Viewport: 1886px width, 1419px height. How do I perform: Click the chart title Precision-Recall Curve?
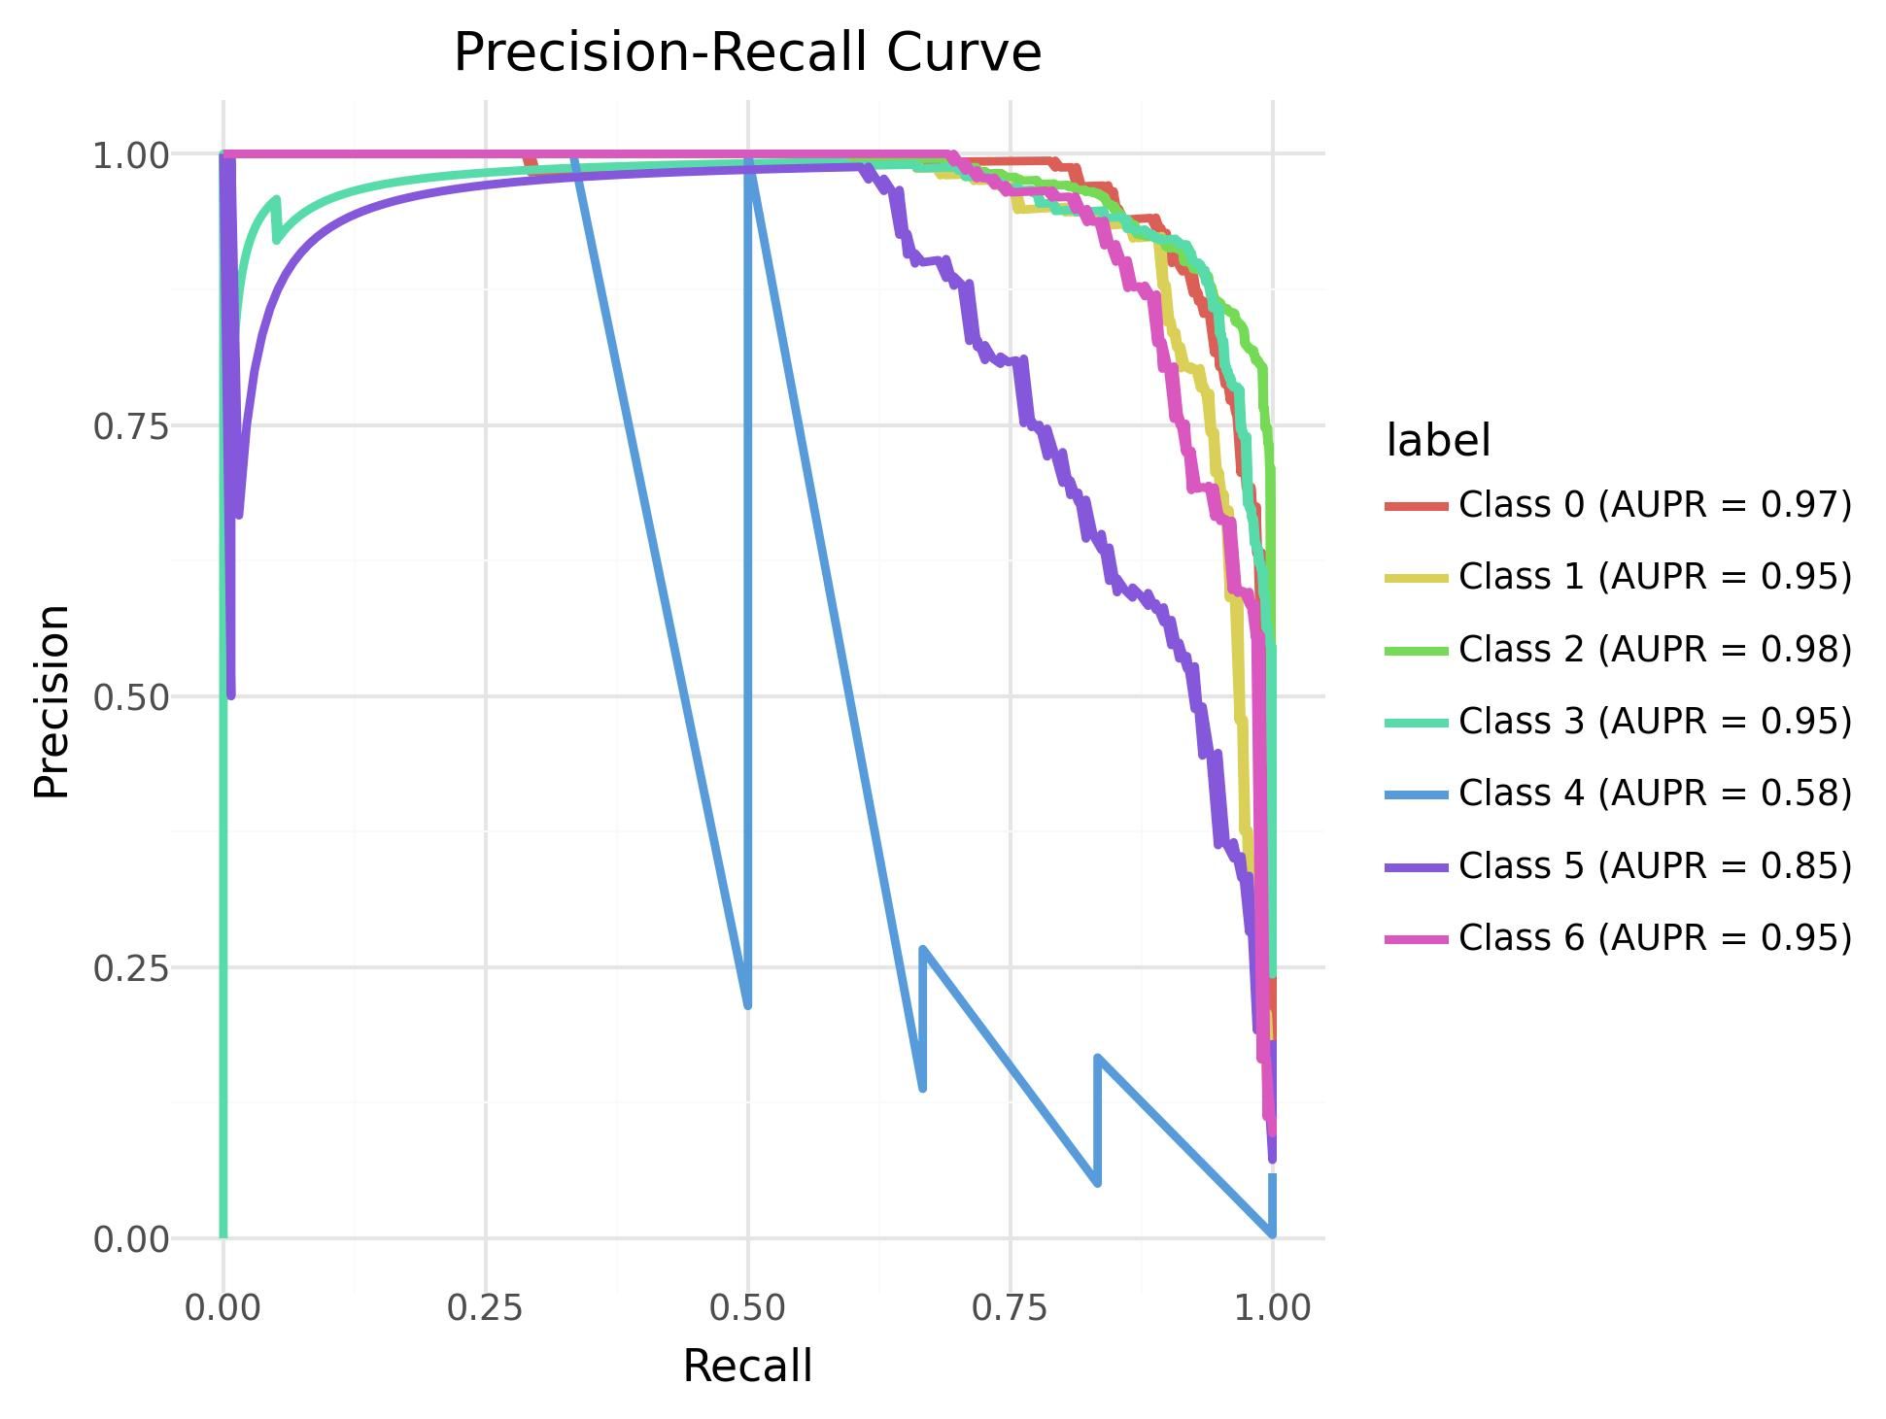click(x=747, y=52)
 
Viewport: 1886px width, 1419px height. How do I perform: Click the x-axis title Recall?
click(x=747, y=1367)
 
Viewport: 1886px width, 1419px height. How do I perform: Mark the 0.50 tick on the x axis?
click(x=747, y=1308)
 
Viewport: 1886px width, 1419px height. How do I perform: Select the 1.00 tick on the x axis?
click(x=1272, y=1308)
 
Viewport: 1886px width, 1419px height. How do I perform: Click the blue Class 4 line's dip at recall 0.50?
click(x=747, y=1004)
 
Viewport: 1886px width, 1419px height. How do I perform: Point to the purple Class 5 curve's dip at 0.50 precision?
click(x=230, y=693)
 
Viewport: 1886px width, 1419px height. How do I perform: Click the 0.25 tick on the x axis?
click(x=485, y=1308)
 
